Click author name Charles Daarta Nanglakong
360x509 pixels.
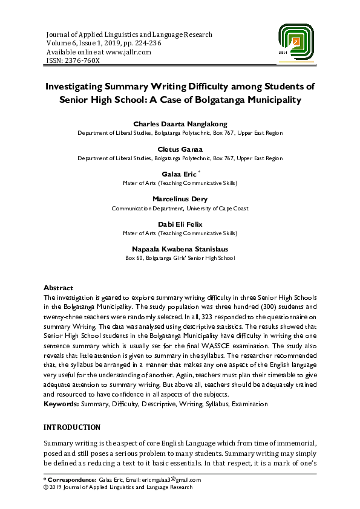(180, 124)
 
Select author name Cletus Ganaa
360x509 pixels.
(180, 149)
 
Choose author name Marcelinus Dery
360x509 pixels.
(180, 199)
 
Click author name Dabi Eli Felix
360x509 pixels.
(180, 224)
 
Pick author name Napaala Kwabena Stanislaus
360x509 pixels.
(180, 248)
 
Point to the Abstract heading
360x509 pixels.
(59, 288)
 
